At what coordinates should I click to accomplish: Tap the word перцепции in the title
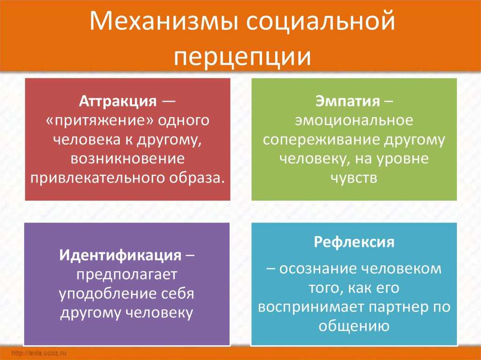[x=242, y=57]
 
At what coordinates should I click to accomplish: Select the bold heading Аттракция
[x=118, y=101]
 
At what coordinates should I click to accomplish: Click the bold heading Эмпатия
[x=348, y=101]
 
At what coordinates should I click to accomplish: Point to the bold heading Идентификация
[x=120, y=255]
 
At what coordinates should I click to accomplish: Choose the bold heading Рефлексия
[x=354, y=242]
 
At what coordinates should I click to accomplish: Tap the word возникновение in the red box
[x=128, y=159]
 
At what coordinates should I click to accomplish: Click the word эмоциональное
[x=354, y=121]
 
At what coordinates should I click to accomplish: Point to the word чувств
[x=354, y=178]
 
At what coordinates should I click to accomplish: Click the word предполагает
[x=127, y=275]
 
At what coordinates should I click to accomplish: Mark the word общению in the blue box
[x=354, y=326]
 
